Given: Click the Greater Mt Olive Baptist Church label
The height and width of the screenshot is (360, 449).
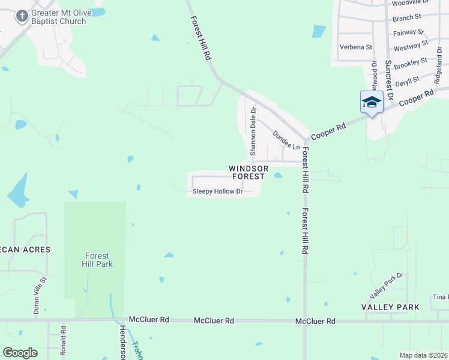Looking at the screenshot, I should (x=58, y=17).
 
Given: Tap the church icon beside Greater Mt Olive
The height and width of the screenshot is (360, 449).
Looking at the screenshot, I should (x=22, y=16).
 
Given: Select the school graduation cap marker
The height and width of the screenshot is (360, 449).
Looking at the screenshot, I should (x=372, y=102).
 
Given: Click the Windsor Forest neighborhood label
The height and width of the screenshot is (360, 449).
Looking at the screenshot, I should (x=248, y=173).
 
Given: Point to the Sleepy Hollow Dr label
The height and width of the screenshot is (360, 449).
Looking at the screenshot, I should (x=217, y=192).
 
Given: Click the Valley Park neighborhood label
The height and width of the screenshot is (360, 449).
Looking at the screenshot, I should (x=390, y=307).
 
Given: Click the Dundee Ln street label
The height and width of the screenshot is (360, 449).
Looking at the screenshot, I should (x=286, y=140).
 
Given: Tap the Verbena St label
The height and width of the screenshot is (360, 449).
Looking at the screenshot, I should (x=356, y=47).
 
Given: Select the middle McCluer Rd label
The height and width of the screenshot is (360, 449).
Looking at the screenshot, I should (x=214, y=321).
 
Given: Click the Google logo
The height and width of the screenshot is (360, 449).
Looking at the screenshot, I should (x=20, y=353).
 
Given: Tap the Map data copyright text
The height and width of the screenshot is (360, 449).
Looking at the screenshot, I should (x=424, y=355).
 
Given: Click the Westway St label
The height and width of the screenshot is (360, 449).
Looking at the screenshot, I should (x=411, y=46).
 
